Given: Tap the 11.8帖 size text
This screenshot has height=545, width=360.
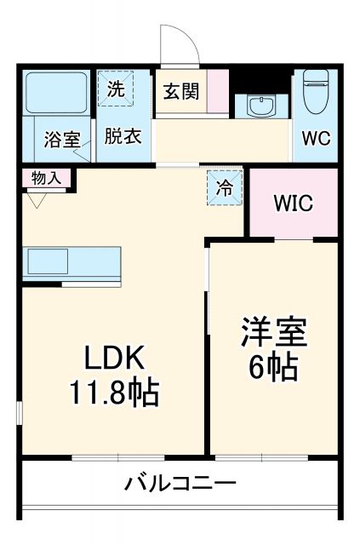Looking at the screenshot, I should click(x=114, y=393).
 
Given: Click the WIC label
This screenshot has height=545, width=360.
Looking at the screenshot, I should click(x=292, y=204).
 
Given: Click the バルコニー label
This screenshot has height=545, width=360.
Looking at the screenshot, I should click(x=180, y=484).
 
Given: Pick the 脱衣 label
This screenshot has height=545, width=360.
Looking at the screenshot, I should click(x=123, y=135).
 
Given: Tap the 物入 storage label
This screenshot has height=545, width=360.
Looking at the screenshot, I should click(x=46, y=178).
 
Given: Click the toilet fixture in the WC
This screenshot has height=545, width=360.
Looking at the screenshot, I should click(x=316, y=92).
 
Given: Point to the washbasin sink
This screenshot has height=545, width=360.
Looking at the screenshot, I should click(x=260, y=106).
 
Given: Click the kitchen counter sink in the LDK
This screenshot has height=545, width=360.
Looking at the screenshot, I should click(x=47, y=261).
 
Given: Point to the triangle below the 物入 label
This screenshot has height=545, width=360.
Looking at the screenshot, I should click(x=36, y=200).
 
